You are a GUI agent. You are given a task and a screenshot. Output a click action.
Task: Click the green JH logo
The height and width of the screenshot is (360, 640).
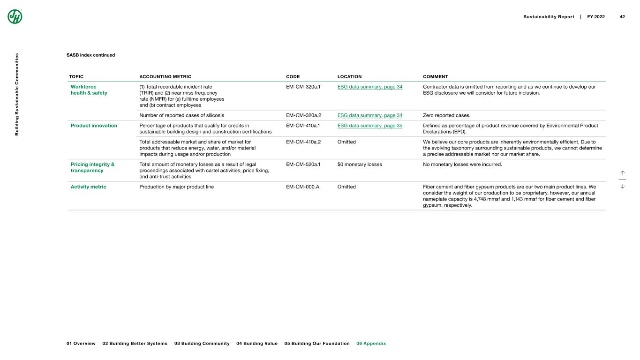pos(15,16)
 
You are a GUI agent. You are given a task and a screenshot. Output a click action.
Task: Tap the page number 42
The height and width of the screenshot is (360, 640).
pos(622,17)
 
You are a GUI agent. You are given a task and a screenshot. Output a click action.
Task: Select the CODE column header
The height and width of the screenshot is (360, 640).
pos(293,76)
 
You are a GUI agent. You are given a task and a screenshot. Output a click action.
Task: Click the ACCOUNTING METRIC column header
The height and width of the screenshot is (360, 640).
pos(165,76)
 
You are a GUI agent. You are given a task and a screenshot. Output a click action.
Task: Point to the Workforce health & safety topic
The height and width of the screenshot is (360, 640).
pos(89,90)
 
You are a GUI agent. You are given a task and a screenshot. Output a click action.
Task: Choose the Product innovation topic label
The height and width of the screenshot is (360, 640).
pos(94,125)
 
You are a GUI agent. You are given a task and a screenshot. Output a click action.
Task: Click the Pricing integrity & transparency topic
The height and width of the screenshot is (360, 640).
pos(92,167)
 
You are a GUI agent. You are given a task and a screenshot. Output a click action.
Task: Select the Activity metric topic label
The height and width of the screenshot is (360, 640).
pos(88,187)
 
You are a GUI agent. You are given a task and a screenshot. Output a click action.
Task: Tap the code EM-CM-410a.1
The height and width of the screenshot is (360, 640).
pos(303,125)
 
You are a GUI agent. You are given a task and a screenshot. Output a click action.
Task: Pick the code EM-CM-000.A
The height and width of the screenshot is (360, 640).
pos(302,187)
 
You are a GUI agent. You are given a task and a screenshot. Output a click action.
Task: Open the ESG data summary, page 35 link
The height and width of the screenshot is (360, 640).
pos(369,125)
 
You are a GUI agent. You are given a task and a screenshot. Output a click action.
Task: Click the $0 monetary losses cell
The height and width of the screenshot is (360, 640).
pos(359,164)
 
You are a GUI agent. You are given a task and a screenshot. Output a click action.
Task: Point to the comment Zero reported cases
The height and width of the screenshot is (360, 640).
pos(446,115)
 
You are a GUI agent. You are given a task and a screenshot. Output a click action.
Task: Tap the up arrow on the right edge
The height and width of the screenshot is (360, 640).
pos(623,173)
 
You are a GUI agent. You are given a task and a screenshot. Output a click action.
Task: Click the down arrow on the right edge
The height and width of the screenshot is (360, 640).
pos(623,186)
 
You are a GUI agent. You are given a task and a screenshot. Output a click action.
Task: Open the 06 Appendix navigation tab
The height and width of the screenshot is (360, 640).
pos(371,344)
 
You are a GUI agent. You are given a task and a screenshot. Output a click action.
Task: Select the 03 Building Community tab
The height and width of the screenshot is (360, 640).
pos(202,344)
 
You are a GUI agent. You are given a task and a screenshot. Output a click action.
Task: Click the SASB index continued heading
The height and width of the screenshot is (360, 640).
pos(90,55)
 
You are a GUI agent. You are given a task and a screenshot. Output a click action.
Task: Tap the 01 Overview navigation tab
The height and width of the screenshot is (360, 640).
pos(81,344)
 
